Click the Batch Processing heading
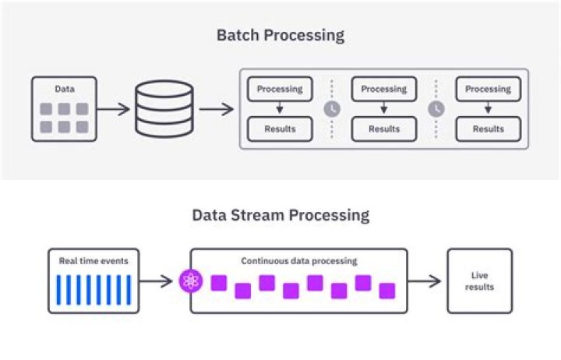280,35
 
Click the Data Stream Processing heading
280,215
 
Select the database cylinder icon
163,108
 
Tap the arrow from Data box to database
114,109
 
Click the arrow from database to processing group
216,109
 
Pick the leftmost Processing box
280,89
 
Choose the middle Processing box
383,89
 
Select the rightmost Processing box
488,89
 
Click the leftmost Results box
280,129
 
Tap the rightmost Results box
488,129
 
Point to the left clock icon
332,109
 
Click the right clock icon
436,109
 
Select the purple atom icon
191,281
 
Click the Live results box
479,281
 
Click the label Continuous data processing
298,261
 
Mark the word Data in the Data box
64,90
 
